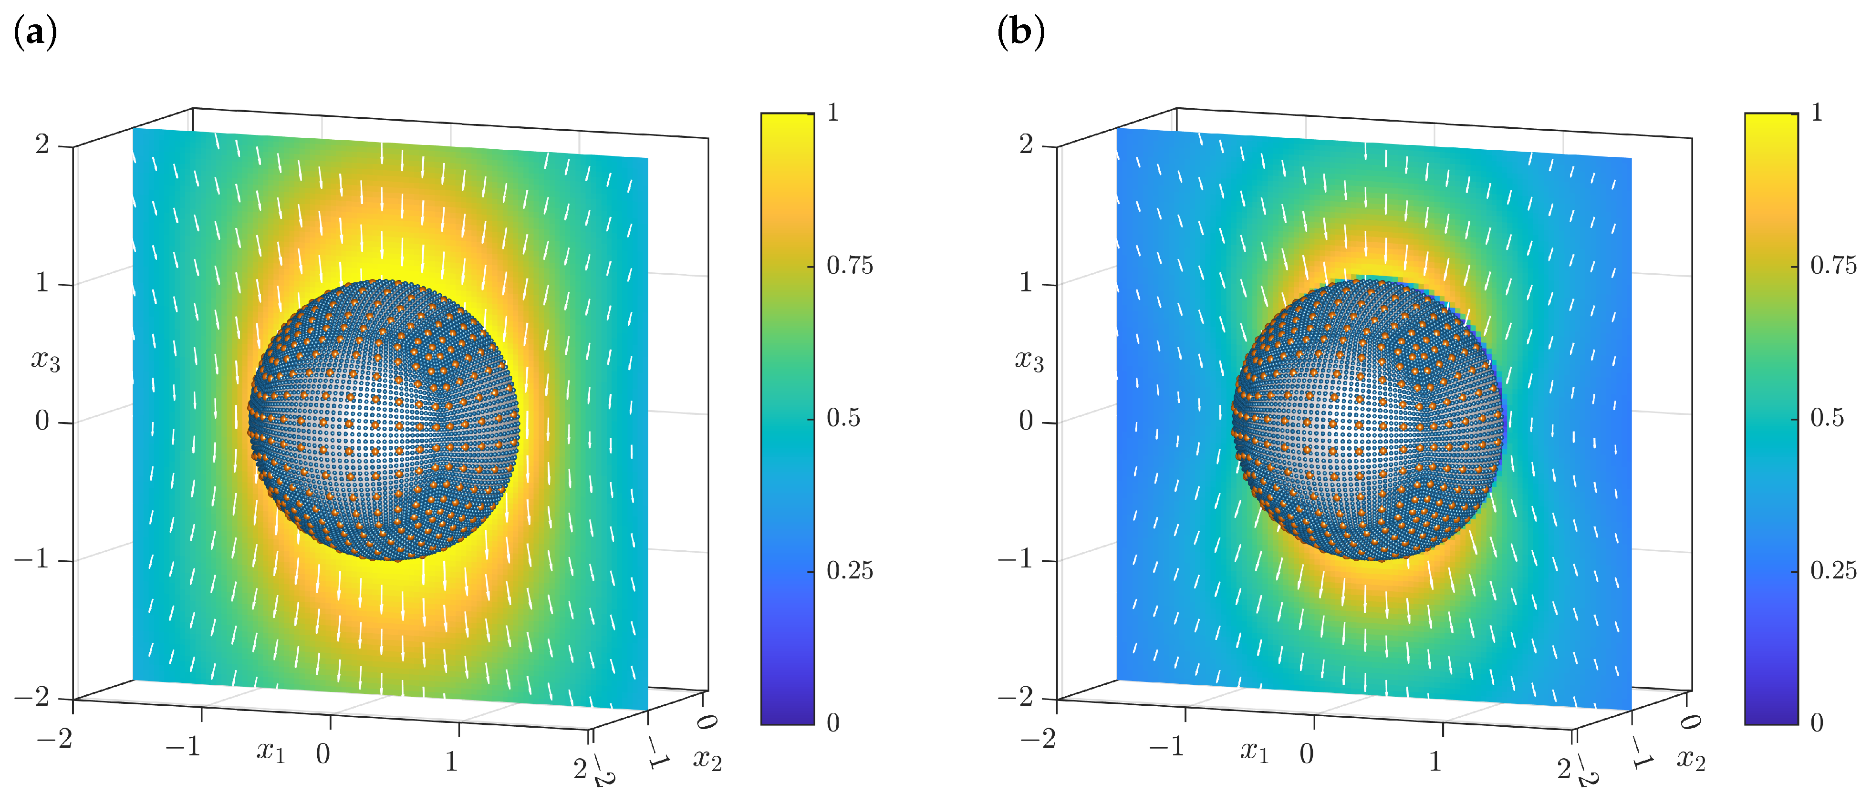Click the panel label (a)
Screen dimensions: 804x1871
pyautogui.click(x=35, y=33)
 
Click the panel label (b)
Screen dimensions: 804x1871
pyautogui.click(x=1020, y=33)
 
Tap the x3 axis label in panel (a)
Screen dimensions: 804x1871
pyautogui.click(x=45, y=360)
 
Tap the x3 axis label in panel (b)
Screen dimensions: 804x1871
pyautogui.click(x=1029, y=360)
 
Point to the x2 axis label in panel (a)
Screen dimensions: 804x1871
pyautogui.click(x=707, y=759)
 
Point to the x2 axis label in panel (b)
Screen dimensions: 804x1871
pyautogui.click(x=1691, y=759)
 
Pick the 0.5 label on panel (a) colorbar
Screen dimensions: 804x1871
pyautogui.click(x=843, y=418)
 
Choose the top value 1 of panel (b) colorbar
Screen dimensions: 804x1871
pyautogui.click(x=1817, y=113)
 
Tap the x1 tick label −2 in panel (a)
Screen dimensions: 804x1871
pyautogui.click(x=55, y=739)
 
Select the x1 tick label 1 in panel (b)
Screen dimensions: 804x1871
pyautogui.click(x=1435, y=761)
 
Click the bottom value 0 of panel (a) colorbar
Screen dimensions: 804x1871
pyautogui.click(x=832, y=722)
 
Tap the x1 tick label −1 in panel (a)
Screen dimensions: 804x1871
pyautogui.click(x=183, y=746)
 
